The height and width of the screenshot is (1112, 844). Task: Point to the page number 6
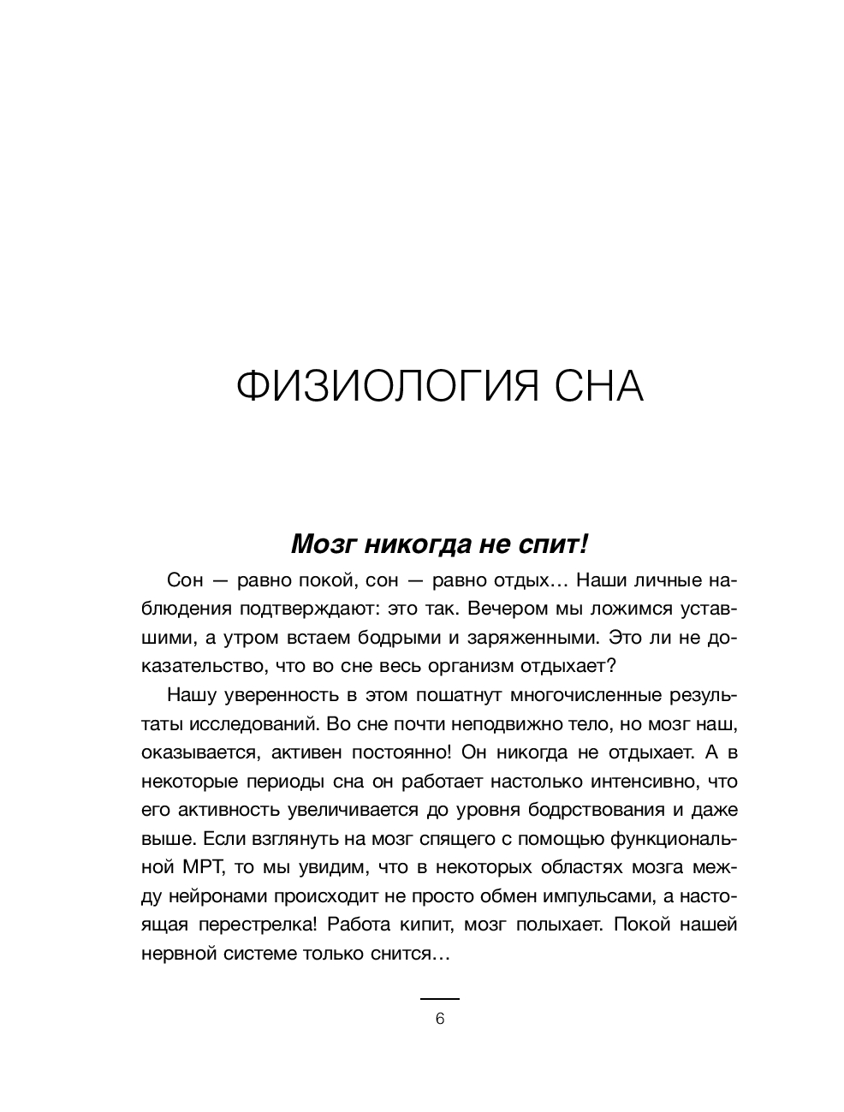click(440, 1019)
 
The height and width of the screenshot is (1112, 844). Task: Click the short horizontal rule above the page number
click(440, 999)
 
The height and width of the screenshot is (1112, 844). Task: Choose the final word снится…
click(414, 954)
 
